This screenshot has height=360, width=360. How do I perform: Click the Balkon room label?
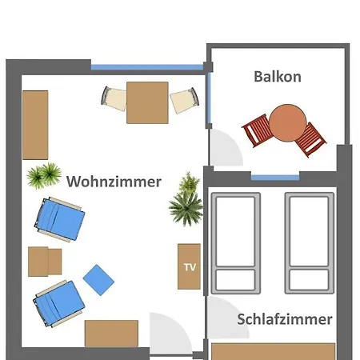278,77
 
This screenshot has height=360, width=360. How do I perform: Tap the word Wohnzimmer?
114,182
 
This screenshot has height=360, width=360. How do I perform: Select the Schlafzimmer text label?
285,319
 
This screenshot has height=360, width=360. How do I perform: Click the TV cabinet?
189,266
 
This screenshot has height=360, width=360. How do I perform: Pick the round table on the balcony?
288,123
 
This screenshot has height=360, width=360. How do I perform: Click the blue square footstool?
98,280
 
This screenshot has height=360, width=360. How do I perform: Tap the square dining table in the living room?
147,102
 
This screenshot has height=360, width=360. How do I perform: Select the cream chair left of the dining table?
114,99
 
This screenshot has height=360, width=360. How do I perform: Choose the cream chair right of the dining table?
185,100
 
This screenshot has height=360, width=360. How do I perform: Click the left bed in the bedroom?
236,243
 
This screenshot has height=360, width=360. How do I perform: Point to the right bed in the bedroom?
310,243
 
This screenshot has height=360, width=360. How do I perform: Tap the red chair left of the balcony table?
258,130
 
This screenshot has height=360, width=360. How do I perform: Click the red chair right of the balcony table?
310,140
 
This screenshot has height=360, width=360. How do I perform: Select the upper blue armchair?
59,219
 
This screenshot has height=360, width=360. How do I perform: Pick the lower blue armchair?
58,303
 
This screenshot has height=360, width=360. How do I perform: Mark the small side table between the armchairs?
45,262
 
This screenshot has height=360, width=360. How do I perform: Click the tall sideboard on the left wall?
35,125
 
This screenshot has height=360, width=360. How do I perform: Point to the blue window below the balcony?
275,178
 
